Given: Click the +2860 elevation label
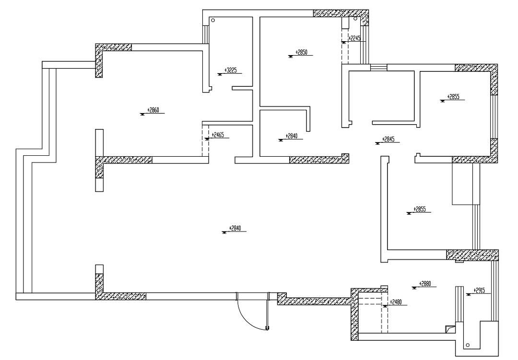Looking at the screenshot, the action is (153, 110).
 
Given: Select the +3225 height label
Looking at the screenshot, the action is (231, 70).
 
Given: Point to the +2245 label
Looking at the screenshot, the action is (354, 38).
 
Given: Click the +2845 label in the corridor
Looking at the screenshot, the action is (388, 139).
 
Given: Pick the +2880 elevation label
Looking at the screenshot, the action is (425, 284).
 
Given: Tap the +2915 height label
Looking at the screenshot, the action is (479, 290).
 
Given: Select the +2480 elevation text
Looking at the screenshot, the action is (396, 302).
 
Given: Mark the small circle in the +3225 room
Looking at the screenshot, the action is (213, 20).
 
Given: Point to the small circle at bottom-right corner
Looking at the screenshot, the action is (468, 345).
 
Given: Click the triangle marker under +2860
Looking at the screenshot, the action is (143, 114).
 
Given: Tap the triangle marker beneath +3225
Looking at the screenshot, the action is (220, 75).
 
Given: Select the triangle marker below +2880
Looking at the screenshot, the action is (414, 288).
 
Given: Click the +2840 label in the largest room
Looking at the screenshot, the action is (235, 228).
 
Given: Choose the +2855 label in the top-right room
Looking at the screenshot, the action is (453, 97).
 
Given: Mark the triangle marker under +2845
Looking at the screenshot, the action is (377, 144).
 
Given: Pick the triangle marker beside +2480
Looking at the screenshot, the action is (385, 306).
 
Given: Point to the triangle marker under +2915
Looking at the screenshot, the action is (468, 295).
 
